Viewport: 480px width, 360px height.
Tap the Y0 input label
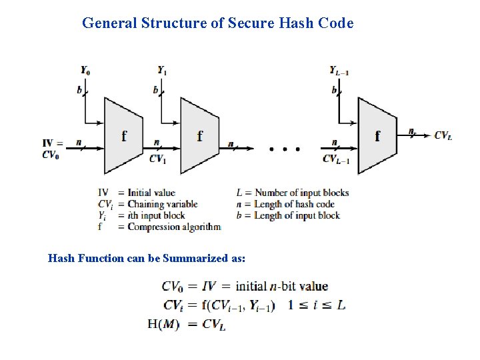pyautogui.click(x=86, y=70)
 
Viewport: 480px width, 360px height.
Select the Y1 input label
pyautogui.click(x=163, y=70)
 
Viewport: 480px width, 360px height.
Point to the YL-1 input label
pyautogui.click(x=339, y=70)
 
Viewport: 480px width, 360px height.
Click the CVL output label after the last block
pyautogui.click(x=443, y=135)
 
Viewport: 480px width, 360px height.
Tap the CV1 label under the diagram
pyautogui.click(x=158, y=159)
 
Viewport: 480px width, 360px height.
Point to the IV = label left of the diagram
pyautogui.click(x=53, y=143)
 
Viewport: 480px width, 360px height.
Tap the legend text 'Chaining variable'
pyautogui.click(x=163, y=204)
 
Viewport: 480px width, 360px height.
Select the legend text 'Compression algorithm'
pyautogui.click(x=173, y=227)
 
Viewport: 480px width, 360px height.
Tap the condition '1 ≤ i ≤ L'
pyautogui.click(x=317, y=305)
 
